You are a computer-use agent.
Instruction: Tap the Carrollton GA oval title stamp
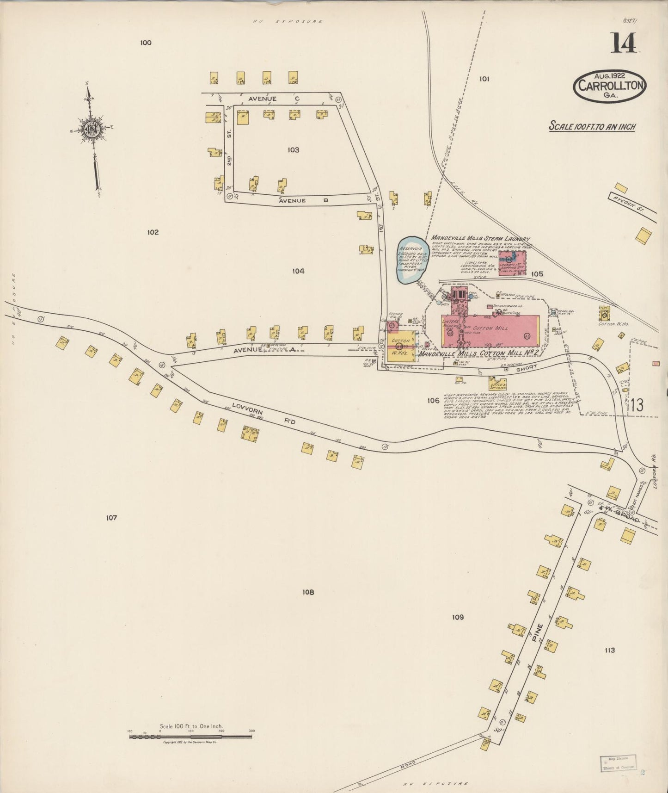click(609, 86)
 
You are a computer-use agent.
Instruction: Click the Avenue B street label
click(303, 201)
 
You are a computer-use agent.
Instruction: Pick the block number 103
click(293, 150)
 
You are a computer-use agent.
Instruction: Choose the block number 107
click(111, 518)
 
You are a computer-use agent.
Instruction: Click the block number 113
click(609, 650)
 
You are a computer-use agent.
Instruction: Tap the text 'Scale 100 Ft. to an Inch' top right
click(592, 126)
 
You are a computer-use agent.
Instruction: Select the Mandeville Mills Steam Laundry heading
click(480, 239)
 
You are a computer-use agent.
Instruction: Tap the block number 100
click(146, 43)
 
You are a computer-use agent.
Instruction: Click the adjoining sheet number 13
click(637, 405)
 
